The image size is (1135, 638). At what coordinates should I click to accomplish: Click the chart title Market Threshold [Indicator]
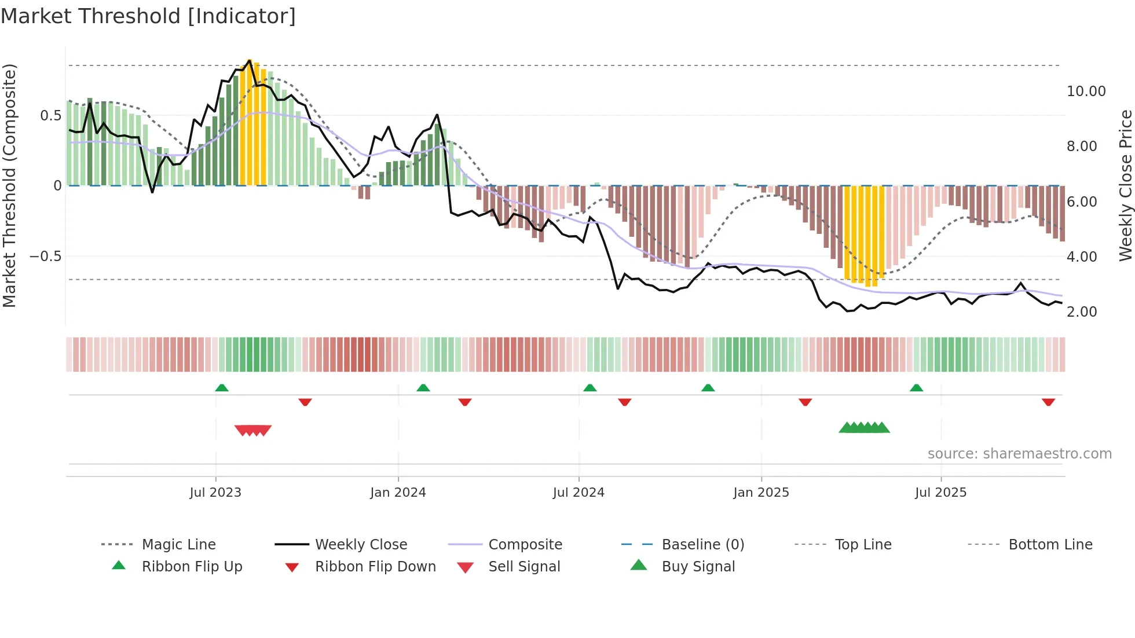coord(148,16)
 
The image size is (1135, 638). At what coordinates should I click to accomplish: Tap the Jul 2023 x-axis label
coord(215,493)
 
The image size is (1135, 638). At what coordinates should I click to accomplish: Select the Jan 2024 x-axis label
coord(398,493)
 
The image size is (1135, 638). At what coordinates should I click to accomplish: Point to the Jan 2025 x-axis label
coord(761,493)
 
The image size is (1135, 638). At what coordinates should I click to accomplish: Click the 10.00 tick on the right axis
coord(1086,91)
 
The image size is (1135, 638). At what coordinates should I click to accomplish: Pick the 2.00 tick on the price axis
coord(1082,312)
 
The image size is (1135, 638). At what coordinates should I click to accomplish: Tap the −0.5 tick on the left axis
coord(46,256)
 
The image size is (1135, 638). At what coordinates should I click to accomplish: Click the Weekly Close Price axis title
coord(1125,185)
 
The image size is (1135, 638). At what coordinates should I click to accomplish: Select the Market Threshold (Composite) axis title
coord(9,185)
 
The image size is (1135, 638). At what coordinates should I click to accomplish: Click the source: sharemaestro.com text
coord(1019,454)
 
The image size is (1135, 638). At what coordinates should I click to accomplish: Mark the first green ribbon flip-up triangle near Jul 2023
coord(222,388)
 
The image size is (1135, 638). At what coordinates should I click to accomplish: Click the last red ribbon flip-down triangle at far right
coord(1048,402)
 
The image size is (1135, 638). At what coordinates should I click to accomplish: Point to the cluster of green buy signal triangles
coord(864,428)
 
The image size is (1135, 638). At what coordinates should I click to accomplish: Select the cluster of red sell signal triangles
coord(253,430)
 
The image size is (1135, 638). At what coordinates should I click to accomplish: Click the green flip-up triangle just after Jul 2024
coord(590,388)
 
